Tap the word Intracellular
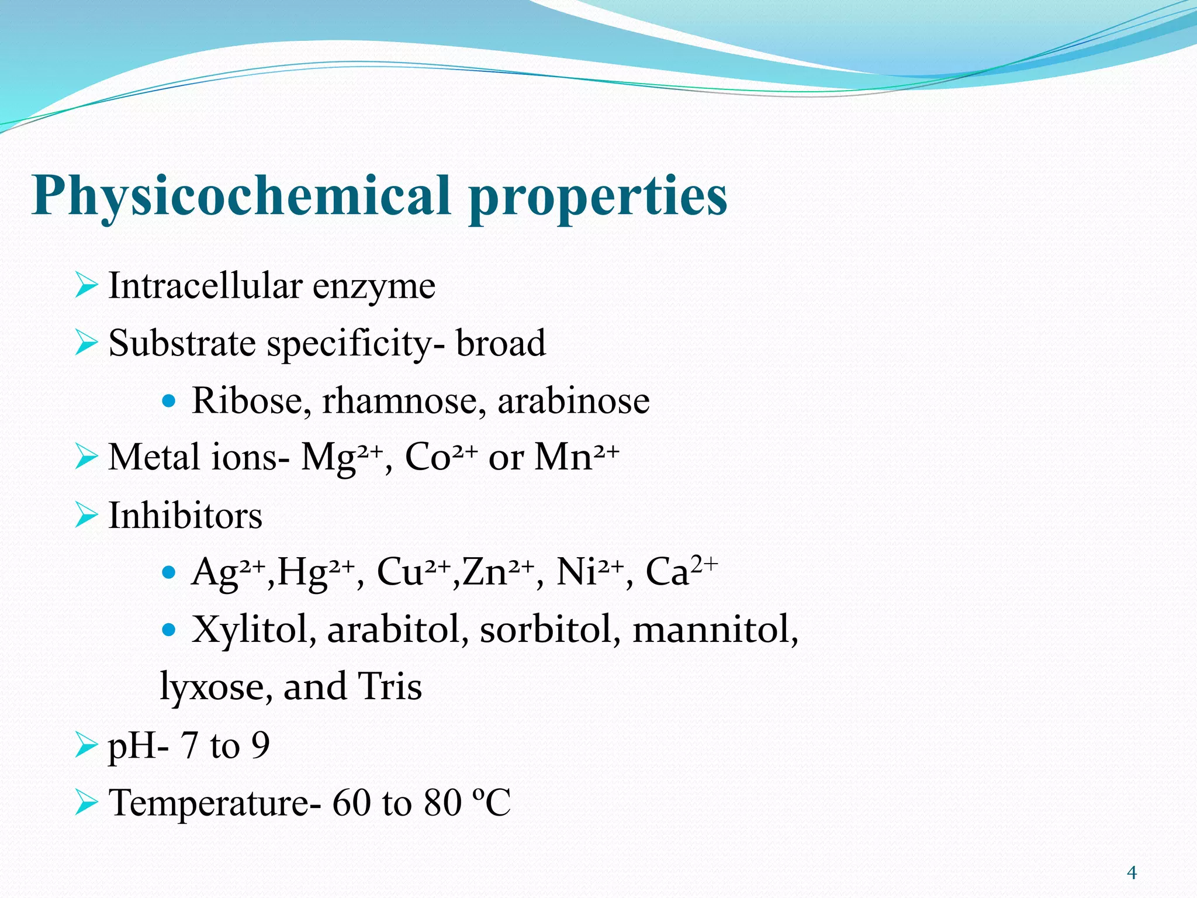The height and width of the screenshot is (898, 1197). click(205, 286)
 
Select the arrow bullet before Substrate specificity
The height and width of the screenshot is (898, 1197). click(86, 343)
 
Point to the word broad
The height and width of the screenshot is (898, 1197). click(501, 343)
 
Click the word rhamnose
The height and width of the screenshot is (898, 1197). click(403, 400)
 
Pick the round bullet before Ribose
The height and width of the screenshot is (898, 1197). click(169, 401)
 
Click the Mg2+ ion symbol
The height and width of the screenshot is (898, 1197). click(342, 457)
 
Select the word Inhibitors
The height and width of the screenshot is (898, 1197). click(185, 516)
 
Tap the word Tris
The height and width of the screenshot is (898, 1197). click(390, 686)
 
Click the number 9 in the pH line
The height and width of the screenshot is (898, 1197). click(260, 745)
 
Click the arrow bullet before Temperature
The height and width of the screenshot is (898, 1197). click(86, 802)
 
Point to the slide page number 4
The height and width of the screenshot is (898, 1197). click(1132, 873)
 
